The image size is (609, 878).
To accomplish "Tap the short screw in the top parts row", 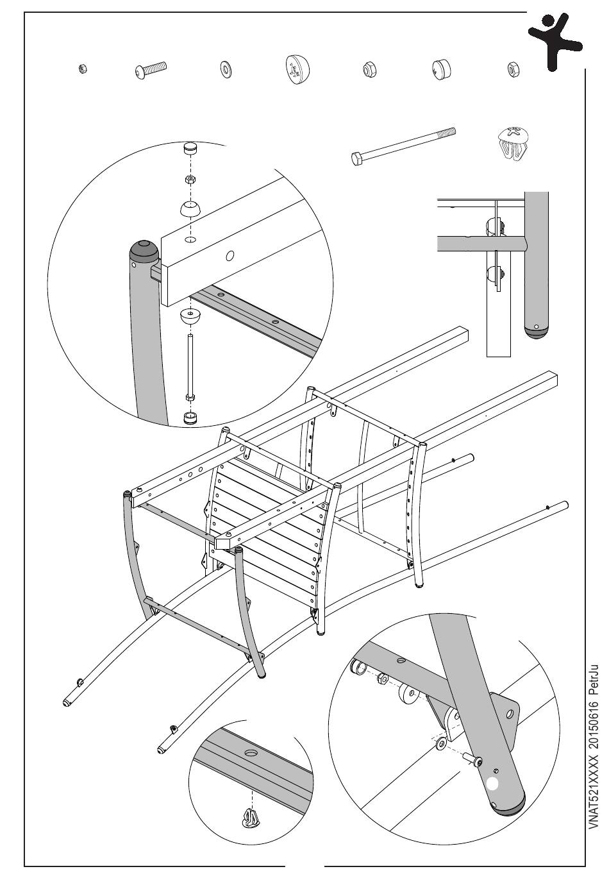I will pyautogui.click(x=151, y=70).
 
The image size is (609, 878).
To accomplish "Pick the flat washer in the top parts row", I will pyautogui.click(x=225, y=69).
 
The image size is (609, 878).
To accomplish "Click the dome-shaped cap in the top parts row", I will pyautogui.click(x=296, y=69).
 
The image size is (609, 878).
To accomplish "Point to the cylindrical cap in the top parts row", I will pyautogui.click(x=441, y=69).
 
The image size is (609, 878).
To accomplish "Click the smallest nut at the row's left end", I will pyautogui.click(x=81, y=69).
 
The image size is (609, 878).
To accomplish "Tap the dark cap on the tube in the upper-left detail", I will pyautogui.click(x=144, y=249).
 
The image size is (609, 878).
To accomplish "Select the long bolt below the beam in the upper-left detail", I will pyautogui.click(x=190, y=366).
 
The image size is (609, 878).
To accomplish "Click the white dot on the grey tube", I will pyautogui.click(x=492, y=783).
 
